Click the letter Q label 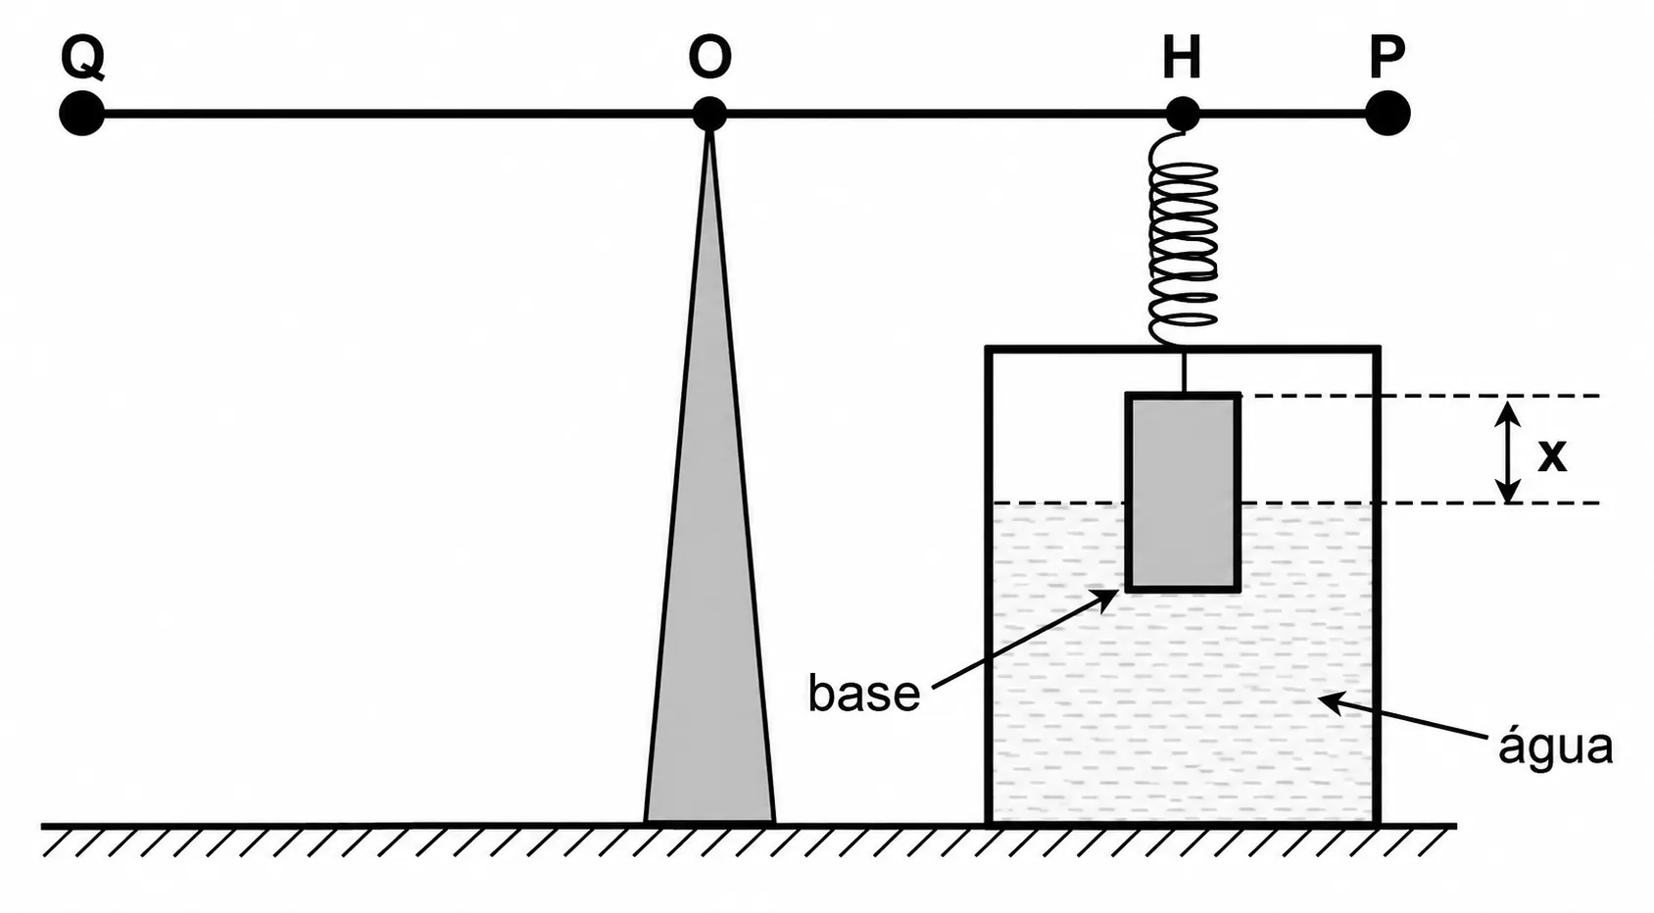[x=82, y=58]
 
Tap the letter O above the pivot [x=709, y=57]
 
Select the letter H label [x=1182, y=58]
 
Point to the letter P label [x=1386, y=57]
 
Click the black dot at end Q [x=82, y=114]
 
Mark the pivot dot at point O [x=709, y=114]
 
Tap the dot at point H [x=1182, y=114]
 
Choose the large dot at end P [x=1387, y=114]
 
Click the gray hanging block [x=1182, y=493]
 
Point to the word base [x=864, y=693]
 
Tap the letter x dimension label [x=1551, y=456]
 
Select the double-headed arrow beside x [x=1508, y=451]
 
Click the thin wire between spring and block [x=1184, y=370]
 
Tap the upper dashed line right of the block [x=1420, y=397]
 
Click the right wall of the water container [x=1377, y=585]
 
